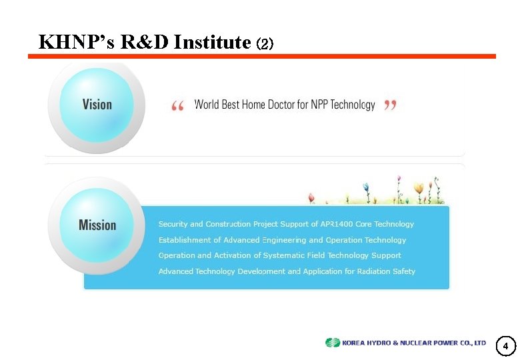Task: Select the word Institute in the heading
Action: (x=212, y=43)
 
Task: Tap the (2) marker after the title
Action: (x=265, y=44)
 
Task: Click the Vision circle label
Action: (x=97, y=104)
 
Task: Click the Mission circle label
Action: (x=97, y=225)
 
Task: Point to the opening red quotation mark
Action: (x=178, y=107)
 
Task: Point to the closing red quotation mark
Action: (x=391, y=105)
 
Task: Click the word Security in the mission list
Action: (x=173, y=224)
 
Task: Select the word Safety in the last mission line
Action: (x=404, y=271)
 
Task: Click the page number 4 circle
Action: (x=505, y=346)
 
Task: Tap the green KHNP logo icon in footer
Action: (x=332, y=343)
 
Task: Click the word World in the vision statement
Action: (x=206, y=105)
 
